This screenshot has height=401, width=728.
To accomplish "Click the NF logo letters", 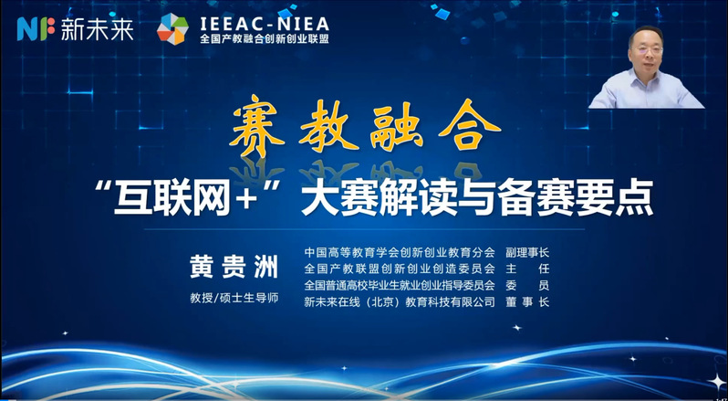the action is coord(36,29).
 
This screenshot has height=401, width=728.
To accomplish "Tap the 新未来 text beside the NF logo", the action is coord(98,29).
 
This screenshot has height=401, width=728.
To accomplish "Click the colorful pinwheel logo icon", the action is coord(172,29).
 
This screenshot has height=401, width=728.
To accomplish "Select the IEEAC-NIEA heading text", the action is coord(265,23).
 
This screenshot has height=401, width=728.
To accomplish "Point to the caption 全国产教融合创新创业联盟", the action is coord(265,39).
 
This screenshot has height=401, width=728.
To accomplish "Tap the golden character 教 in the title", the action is coord(328,125).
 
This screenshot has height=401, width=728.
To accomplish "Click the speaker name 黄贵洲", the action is coord(234,269).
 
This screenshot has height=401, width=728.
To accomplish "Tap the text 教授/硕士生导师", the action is coord(234,298).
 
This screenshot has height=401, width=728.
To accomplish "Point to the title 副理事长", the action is coord(527,253).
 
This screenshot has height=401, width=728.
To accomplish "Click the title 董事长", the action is coord(527,302).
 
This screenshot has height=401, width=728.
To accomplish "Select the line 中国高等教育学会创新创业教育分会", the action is coord(400,253).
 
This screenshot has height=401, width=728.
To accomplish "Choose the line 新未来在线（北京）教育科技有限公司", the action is coord(400,302).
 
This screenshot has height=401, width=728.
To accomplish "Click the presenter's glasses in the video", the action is coord(647,48).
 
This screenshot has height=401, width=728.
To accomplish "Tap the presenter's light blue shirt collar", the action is coord(646,77).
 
